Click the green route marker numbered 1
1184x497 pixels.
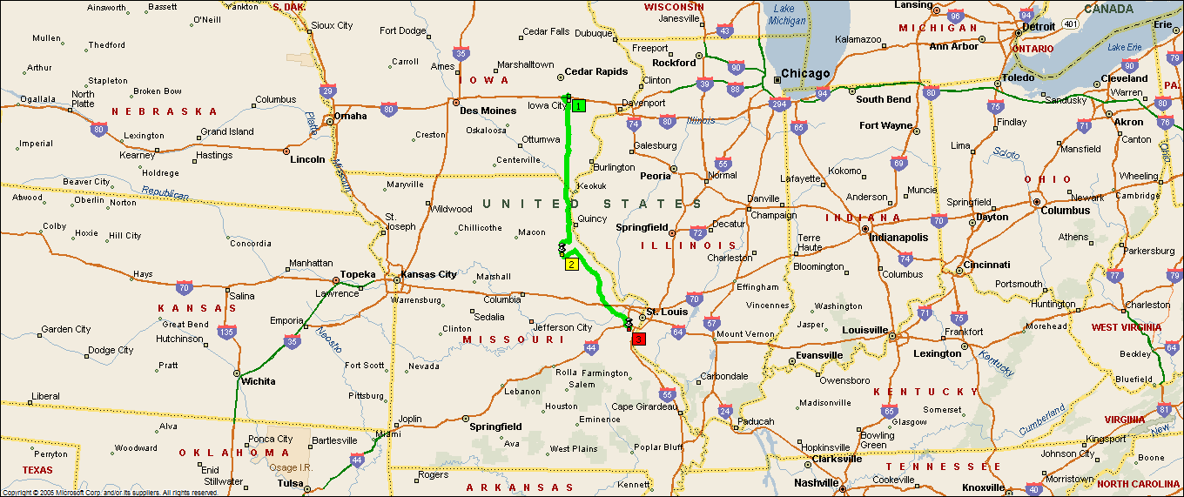[579, 105]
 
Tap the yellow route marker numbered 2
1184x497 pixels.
[571, 265]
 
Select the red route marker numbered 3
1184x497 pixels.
[639, 339]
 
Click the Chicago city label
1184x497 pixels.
[805, 74]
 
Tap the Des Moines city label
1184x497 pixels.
[488, 111]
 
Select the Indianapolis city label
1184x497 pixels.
[902, 237]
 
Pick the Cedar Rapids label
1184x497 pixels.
[596, 71]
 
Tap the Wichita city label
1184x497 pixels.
[258, 381]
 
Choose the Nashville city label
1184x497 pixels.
[817, 483]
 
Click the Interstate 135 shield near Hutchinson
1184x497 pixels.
[227, 332]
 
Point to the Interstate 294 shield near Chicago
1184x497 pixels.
[778, 104]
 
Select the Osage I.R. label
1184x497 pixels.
[295, 467]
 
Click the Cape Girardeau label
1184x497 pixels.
[645, 406]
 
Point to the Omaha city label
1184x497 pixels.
[351, 116]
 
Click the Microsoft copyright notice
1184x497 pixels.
[110, 493]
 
